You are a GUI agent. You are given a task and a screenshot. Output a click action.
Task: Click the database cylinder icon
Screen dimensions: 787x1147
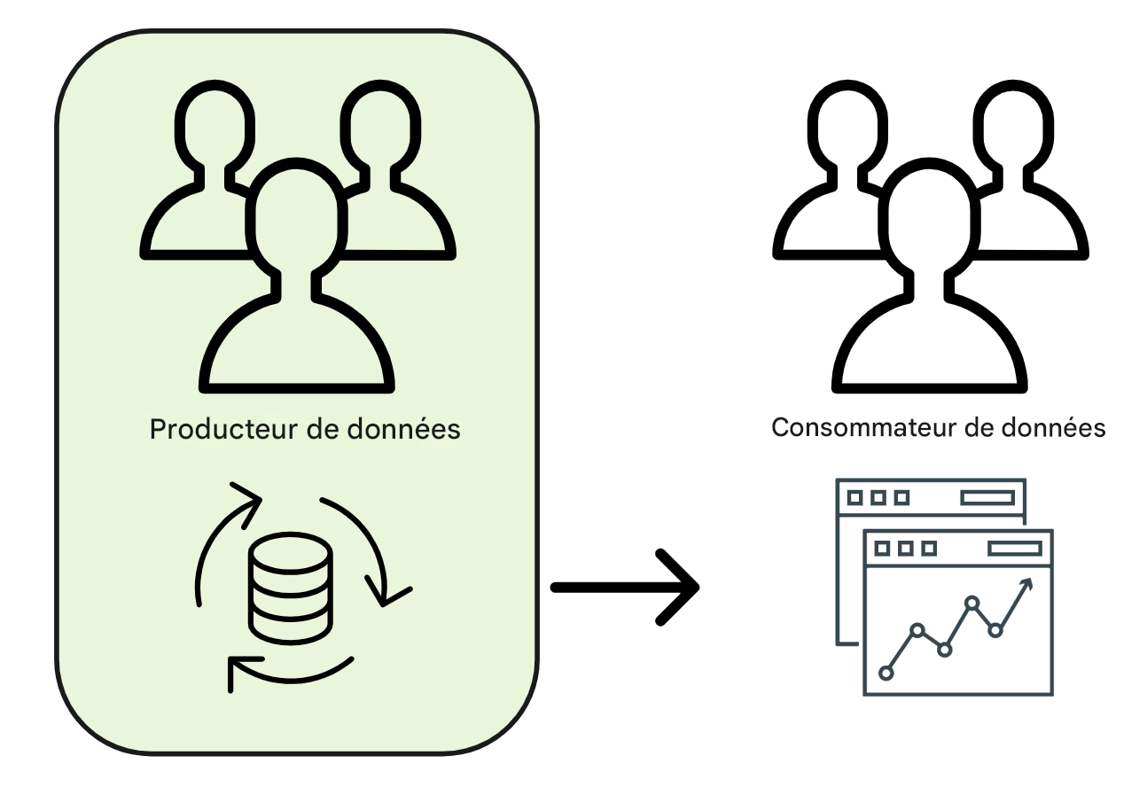[291, 588]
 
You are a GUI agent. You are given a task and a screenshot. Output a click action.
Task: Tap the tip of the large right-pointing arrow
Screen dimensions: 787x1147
[697, 587]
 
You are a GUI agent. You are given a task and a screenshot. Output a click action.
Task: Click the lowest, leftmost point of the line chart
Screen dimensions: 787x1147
[886, 673]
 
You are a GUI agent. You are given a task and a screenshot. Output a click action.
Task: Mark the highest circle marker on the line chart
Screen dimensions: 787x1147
[972, 604]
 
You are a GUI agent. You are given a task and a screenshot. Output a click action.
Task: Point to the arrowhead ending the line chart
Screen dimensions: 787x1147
[1029, 582]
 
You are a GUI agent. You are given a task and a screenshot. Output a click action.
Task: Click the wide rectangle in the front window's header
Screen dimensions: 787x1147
[1014, 549]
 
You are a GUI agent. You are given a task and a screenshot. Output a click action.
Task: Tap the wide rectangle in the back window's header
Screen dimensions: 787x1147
[987, 498]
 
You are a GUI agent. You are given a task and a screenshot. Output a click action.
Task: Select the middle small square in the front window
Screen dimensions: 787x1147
[906, 549]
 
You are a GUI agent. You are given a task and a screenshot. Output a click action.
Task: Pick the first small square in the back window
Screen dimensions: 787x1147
[855, 498]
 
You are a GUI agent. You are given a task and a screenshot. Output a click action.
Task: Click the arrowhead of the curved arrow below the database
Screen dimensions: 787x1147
[235, 673]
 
